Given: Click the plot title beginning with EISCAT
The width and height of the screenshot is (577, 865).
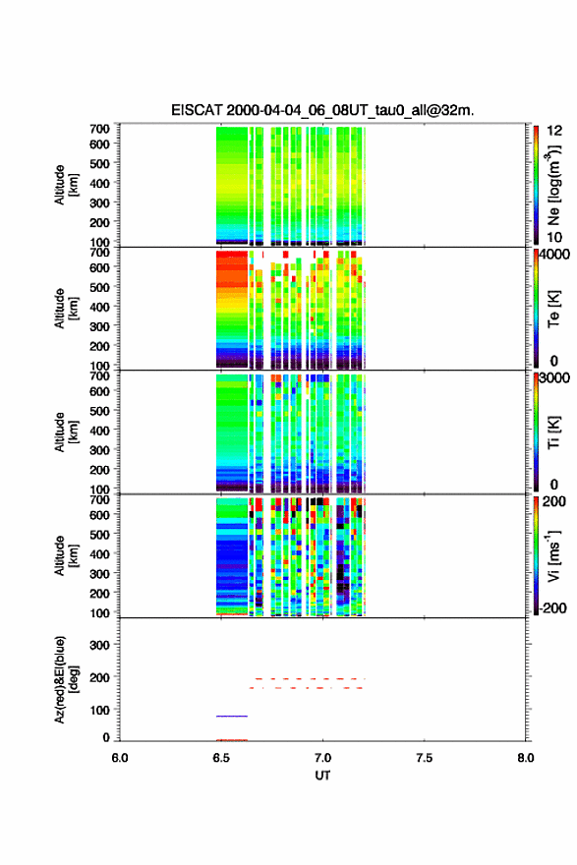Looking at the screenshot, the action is coord(322,110).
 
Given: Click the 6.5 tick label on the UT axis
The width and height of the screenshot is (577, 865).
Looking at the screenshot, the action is coord(221,758).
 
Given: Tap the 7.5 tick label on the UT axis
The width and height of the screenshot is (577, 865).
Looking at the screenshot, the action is coord(425,758).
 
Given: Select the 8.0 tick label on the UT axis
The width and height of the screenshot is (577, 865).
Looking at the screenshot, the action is coord(526,758).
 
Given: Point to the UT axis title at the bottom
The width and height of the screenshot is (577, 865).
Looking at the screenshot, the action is coord(322,776).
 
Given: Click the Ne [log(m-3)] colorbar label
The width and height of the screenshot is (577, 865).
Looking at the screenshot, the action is coord(553,185).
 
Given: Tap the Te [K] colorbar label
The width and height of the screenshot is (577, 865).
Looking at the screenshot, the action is coord(553,310).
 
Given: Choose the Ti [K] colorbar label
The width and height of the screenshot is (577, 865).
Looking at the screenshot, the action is coord(553,433).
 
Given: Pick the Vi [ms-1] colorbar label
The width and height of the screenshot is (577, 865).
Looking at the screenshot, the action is coord(553,555).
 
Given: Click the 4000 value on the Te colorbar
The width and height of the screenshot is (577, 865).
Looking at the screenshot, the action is coord(554,255).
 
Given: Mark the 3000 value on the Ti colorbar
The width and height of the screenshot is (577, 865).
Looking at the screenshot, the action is coord(554,377).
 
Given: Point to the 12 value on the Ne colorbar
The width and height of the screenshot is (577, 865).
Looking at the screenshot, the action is coord(554,130).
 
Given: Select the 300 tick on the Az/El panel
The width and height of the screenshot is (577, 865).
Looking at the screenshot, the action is coord(99,645).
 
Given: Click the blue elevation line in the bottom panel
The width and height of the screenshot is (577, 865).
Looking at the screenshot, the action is coord(232,716).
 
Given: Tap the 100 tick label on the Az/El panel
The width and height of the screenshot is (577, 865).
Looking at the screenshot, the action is coord(99,710).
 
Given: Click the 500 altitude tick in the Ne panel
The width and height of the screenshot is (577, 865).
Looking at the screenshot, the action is coord(99,163).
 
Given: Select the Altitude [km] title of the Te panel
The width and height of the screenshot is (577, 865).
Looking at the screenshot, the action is coord(66,309).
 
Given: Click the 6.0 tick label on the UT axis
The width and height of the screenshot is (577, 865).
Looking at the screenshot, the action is coord(120,758).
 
